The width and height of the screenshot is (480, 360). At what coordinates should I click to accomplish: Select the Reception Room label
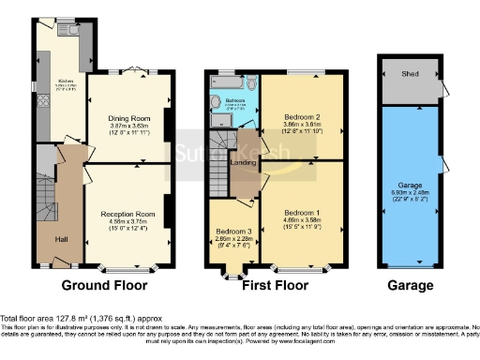coord(127,215)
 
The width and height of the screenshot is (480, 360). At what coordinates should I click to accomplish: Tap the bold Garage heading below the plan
coord(410,285)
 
